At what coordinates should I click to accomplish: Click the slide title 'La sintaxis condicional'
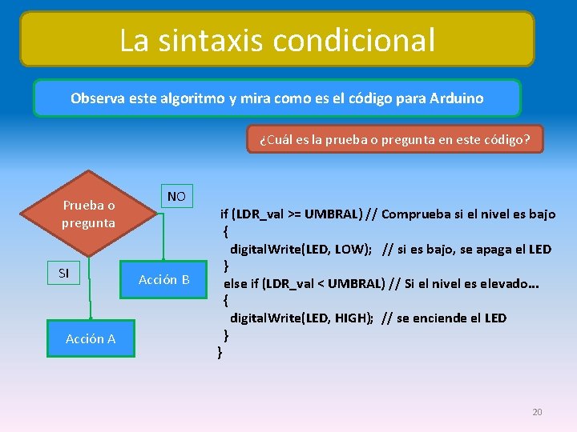[x=277, y=39]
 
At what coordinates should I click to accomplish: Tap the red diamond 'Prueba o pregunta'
[x=88, y=214]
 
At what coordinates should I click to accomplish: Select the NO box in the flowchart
[x=176, y=196]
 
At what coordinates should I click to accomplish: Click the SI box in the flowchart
[x=64, y=274]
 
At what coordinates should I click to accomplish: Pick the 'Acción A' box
[x=91, y=338]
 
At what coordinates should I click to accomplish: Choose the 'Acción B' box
[x=164, y=279]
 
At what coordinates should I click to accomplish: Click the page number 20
[x=537, y=412]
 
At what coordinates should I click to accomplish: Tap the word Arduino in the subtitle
[x=456, y=98]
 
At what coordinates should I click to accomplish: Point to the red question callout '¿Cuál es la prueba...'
[x=394, y=139]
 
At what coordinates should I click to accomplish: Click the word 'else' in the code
[x=236, y=283]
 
